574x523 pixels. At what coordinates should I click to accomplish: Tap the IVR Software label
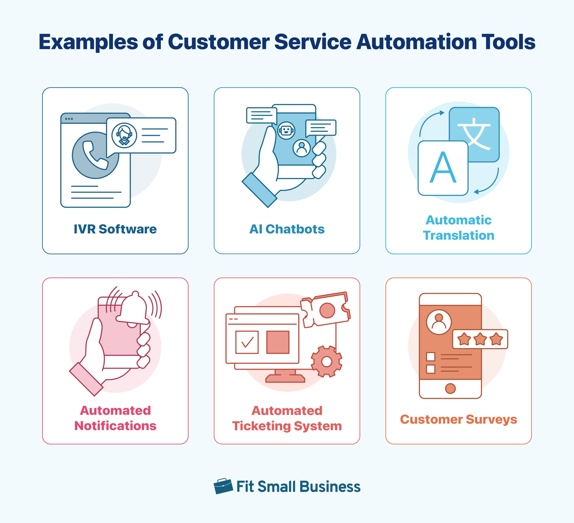click(115, 229)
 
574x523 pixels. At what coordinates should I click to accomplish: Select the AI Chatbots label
click(287, 229)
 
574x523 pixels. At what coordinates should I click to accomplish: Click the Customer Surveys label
click(459, 419)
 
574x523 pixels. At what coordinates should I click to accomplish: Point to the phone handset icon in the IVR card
click(95, 156)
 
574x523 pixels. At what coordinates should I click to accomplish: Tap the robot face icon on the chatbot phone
click(286, 131)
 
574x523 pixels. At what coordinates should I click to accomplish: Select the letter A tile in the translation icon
click(443, 168)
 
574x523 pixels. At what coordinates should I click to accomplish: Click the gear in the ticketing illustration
click(327, 362)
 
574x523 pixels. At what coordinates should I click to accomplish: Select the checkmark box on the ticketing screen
click(247, 342)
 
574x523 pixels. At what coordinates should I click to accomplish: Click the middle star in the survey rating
click(480, 339)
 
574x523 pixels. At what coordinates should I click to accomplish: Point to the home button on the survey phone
click(450, 388)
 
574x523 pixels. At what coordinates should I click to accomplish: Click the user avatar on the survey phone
click(439, 322)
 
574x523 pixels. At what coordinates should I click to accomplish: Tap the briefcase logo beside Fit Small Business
click(223, 486)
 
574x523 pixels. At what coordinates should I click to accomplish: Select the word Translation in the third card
click(459, 235)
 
